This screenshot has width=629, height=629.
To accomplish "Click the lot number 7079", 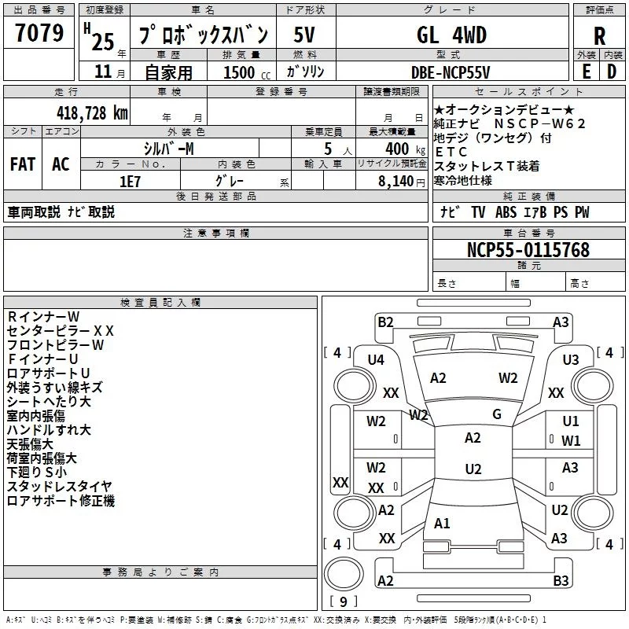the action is (x=39, y=34).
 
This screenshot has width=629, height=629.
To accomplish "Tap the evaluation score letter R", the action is (x=599, y=36).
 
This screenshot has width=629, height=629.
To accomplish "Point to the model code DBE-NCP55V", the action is (x=451, y=72).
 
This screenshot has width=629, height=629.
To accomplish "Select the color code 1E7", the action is (x=129, y=179).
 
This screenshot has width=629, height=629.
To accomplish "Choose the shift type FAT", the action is (x=22, y=164).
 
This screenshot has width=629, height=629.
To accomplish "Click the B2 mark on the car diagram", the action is (x=385, y=322).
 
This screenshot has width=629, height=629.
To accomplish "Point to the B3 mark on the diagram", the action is (x=561, y=581).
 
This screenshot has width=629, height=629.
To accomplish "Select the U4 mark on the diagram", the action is (x=376, y=359).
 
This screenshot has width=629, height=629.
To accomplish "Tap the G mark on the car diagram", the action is (x=497, y=414).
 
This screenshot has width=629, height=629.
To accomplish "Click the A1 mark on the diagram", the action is (x=442, y=524).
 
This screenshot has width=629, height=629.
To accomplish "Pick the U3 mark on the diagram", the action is (x=571, y=359).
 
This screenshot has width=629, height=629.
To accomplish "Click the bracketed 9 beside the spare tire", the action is (x=343, y=601).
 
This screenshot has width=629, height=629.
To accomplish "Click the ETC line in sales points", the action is (x=451, y=152).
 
